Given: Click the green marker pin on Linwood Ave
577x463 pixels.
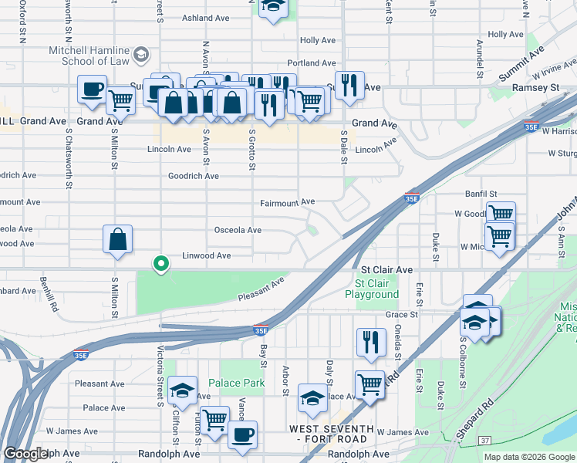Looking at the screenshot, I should tap(160, 264).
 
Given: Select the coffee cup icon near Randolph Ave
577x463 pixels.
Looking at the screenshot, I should tap(242, 434).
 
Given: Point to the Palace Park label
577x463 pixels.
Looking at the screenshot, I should tap(236, 383).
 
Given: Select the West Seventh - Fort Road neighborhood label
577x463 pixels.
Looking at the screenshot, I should tap(332, 434).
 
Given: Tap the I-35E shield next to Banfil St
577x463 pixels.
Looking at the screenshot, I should tap(412, 198).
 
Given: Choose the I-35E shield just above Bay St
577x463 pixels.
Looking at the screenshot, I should tap(262, 330).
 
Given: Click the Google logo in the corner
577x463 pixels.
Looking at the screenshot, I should tap(25, 454).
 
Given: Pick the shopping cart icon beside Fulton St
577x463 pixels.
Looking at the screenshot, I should tap(214, 420).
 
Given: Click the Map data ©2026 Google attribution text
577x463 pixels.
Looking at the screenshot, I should tap(529, 457).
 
